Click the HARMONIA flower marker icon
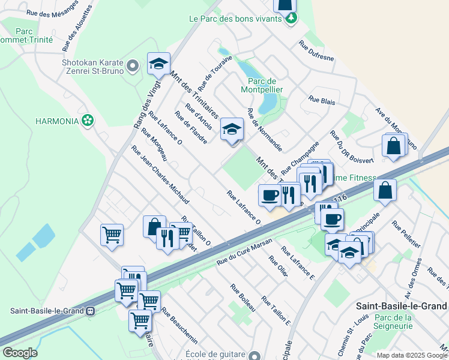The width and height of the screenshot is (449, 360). (89, 121)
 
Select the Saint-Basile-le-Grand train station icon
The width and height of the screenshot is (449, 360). (91, 311)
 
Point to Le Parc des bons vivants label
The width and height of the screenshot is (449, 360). (235, 19)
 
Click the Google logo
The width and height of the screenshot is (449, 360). (20, 353)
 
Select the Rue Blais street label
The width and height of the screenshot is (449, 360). (322, 101)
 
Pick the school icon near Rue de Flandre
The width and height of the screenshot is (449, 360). (232, 128)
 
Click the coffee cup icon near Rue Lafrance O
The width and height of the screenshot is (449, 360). (270, 194)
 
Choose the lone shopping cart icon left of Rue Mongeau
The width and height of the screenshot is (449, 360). (112, 235)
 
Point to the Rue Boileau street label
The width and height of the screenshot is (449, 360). (243, 297)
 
